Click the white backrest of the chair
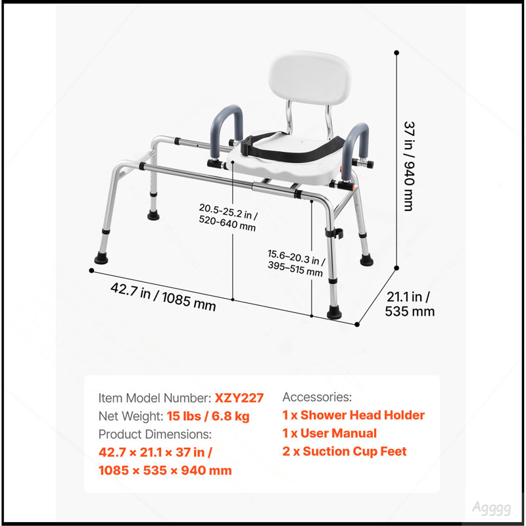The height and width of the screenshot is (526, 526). pos(309,78)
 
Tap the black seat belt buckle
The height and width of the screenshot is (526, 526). pos(247,146)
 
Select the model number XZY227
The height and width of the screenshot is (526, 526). pos(239,398)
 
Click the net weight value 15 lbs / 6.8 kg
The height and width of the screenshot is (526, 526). pos(208,416)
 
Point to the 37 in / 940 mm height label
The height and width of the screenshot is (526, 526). pos(409,166)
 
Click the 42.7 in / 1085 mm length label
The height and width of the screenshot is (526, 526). pos(163,297)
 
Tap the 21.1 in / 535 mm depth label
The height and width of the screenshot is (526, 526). pos(410,304)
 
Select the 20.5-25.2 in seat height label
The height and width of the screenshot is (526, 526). pos(228,217)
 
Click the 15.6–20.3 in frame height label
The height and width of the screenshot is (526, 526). pos(296,262)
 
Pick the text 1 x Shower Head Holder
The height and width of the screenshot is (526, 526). pos(354,415)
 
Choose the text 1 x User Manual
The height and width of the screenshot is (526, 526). pos(329,433)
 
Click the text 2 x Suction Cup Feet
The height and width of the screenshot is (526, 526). pos(344,451)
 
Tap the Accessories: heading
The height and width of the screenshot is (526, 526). pos(317,397)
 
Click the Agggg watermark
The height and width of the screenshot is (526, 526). pos(491,508)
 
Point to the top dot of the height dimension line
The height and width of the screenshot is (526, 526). pos(396,53)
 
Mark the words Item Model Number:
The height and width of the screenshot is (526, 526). pos(155,398)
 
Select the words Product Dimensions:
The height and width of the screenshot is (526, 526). pos(155,434)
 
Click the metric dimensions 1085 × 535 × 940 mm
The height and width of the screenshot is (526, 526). pos(165,470)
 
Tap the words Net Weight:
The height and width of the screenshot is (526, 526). pos(131,416)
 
